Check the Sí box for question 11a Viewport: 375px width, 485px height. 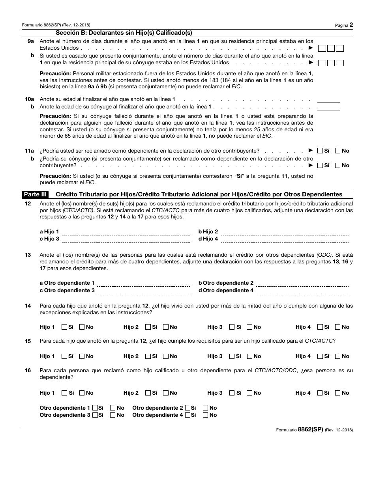[x=320, y=151]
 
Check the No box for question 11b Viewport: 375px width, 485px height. [x=338, y=165]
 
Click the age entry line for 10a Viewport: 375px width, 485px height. [x=328, y=99]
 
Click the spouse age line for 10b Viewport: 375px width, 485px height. [x=328, y=107]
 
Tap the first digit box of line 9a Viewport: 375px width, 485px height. [x=322, y=48]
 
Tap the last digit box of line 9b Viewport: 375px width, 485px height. [x=340, y=63]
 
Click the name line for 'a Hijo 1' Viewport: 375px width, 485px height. [x=126, y=232]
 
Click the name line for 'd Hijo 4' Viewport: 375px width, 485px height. [x=284, y=239]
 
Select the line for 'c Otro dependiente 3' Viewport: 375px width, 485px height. [x=143, y=291]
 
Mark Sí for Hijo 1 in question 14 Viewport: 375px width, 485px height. [x=64, y=327]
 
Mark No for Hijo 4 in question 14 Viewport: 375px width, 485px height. [x=338, y=327]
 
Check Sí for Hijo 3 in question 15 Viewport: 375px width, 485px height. [x=232, y=356]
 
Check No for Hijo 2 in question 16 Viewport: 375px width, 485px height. [x=166, y=393]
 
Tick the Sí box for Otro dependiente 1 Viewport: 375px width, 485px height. [x=95, y=408]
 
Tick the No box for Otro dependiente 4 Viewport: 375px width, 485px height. [x=206, y=415]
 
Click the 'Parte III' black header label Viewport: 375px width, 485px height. [x=37, y=194]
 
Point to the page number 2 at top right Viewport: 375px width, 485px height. [x=351, y=25]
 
